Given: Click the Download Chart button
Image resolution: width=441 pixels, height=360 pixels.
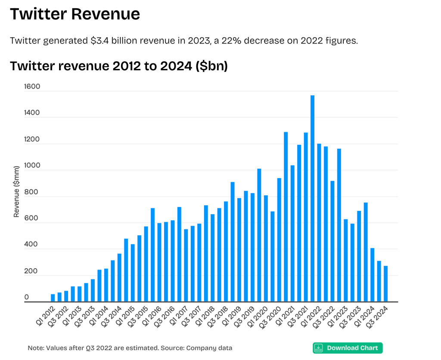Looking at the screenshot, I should coord(347,348).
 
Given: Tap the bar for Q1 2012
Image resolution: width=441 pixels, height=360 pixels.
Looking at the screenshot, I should coord(53,297).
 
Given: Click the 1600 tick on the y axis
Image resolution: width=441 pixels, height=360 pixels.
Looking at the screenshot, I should coord(32,87).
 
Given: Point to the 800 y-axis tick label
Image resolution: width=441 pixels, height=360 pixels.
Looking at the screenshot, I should coord(32,192).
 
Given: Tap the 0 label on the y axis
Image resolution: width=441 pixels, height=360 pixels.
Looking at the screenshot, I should coord(26,297).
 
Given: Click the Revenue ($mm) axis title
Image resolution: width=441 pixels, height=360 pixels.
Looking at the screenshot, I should coord(16,191).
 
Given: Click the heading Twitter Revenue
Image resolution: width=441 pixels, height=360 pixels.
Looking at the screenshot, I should coord(75,14).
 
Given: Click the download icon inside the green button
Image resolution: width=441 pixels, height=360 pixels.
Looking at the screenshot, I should coord(319,348).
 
